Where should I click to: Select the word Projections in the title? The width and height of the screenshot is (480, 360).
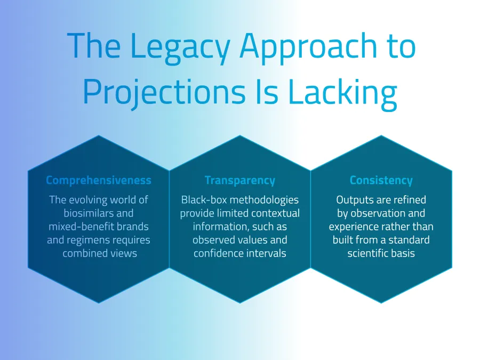pos(164,92)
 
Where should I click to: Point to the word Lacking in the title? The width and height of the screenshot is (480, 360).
pos(342,92)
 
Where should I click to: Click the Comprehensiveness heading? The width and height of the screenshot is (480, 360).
pos(99,180)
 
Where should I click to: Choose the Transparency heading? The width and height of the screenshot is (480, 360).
pos(240,180)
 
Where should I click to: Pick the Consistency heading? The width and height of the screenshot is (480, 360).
pos(381,180)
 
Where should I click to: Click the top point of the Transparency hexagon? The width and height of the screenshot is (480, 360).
pos(240,135)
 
